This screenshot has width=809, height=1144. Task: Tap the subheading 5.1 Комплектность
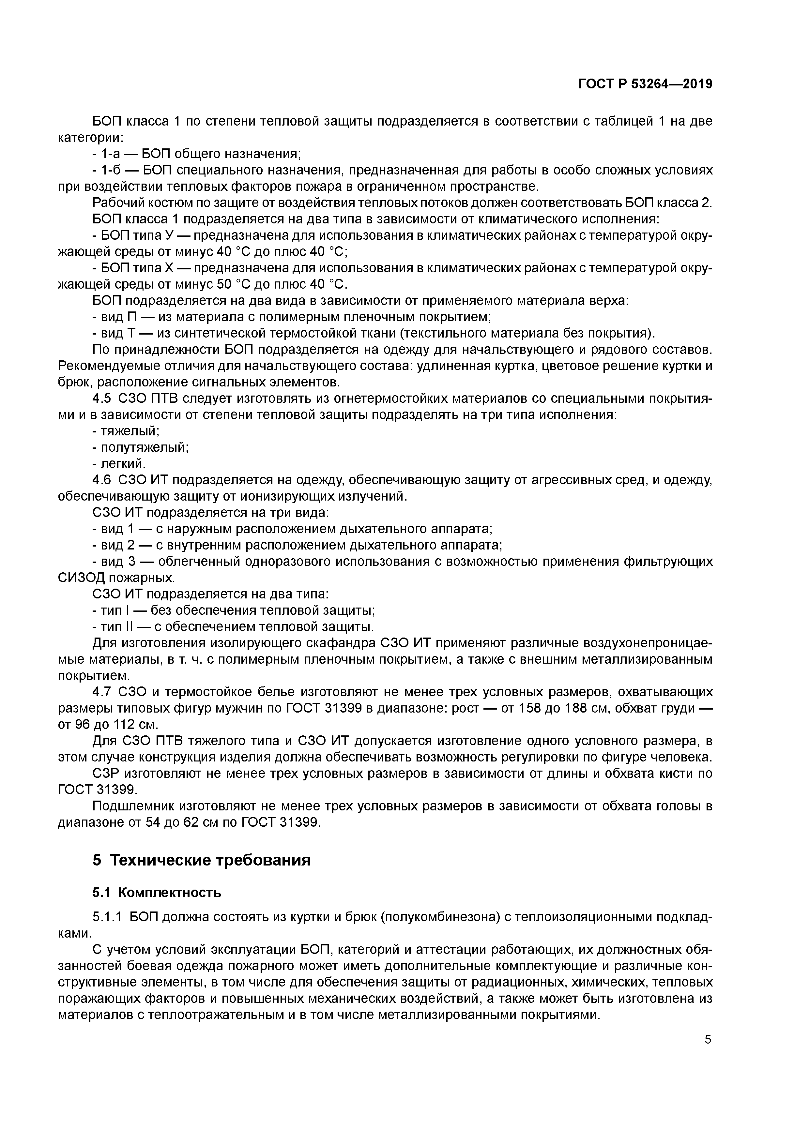click(x=157, y=892)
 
